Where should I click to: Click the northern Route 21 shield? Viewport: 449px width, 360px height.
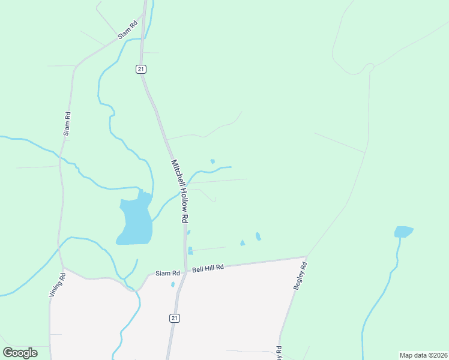pos(140,70)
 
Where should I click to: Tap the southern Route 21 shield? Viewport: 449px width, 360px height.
pos(175,317)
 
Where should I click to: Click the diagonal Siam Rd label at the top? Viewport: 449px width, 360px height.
pos(128,31)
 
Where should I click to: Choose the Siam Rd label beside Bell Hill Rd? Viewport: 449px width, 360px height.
pos(168,274)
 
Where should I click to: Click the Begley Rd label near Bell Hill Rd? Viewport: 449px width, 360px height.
pos(300,277)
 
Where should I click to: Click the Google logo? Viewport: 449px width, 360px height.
pos(20,353)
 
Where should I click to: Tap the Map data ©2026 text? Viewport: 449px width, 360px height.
pos(423,355)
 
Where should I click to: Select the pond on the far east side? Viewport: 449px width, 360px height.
pos(403,232)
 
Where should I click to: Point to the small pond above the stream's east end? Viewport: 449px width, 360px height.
pos(212,161)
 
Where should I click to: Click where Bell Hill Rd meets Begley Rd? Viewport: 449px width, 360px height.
pos(307,258)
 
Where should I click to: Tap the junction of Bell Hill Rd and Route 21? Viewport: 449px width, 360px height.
pos(185,271)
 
